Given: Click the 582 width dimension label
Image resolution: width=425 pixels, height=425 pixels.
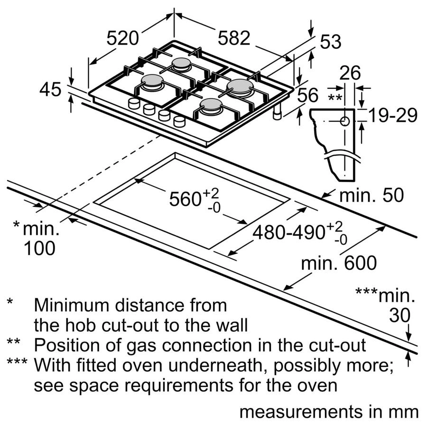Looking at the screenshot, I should [233, 38].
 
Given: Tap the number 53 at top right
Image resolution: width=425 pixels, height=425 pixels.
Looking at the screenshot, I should [331, 42].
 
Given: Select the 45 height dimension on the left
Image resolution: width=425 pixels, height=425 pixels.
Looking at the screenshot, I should [51, 89].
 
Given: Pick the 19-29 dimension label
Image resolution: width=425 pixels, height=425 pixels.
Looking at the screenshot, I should [394, 115].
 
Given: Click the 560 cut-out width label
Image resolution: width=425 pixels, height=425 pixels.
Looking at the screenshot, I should [186, 199].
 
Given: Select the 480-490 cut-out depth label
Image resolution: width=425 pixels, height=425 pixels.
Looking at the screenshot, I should [289, 232].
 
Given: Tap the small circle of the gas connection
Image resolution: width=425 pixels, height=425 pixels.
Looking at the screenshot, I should [345, 121].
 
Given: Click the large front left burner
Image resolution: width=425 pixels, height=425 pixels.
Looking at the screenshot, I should [152, 82].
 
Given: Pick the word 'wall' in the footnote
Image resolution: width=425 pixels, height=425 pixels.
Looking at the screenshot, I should [230, 325].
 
